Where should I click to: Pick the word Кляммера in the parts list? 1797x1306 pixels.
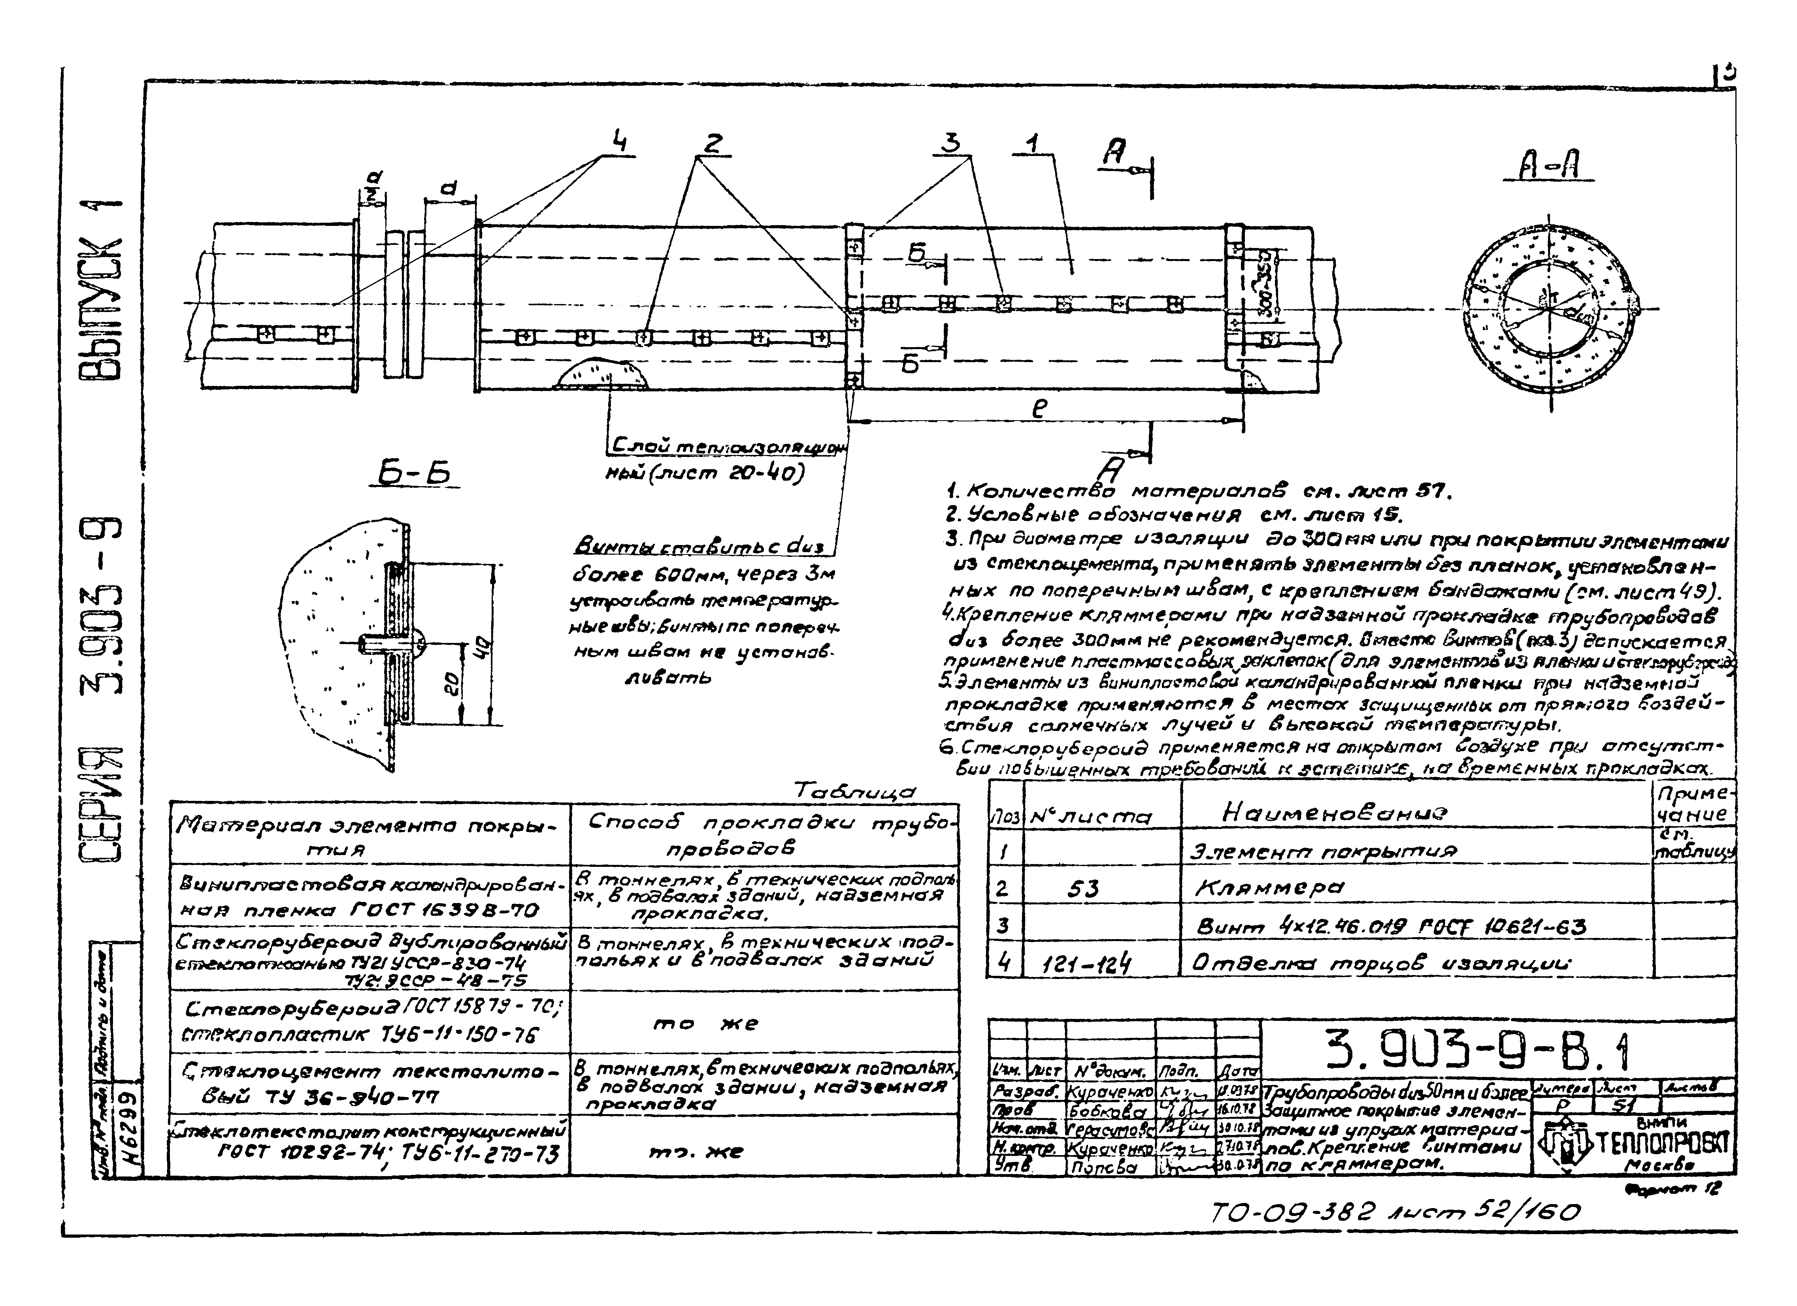(x=1268, y=888)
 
